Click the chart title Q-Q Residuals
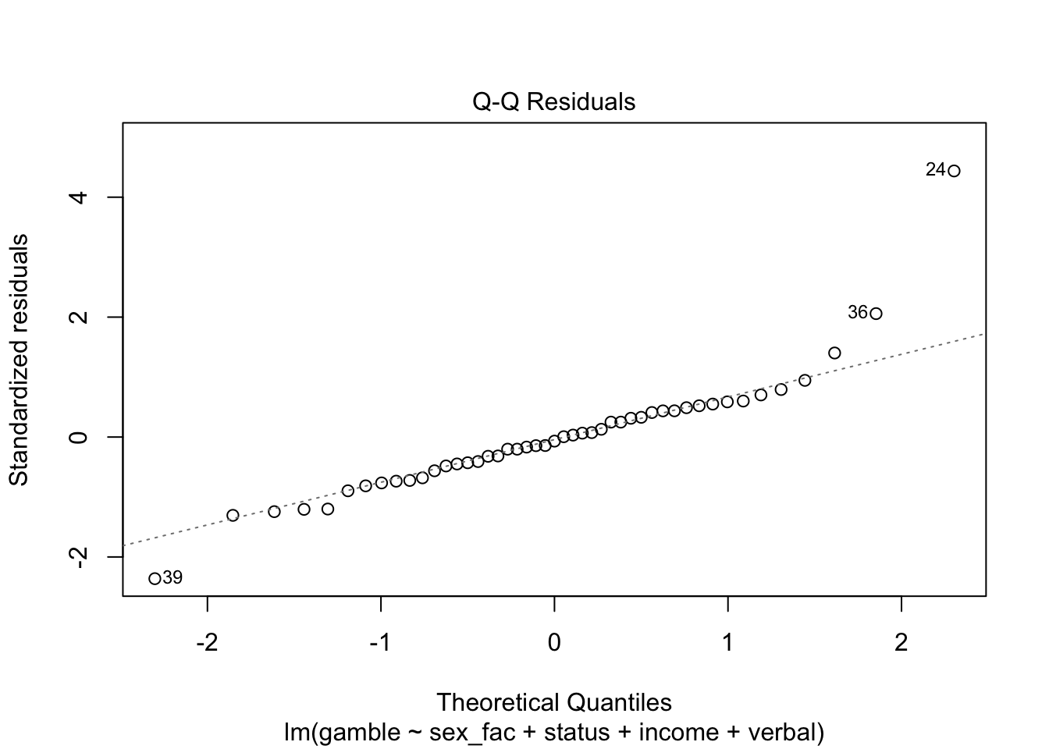point(553,101)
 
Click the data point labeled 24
point(954,171)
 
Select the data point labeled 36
point(876,314)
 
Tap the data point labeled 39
point(155,578)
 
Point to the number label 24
point(936,169)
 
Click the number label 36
point(858,312)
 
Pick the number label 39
point(172,578)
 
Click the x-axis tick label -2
point(207,643)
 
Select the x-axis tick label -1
point(380,643)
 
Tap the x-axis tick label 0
point(554,643)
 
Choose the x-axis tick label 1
point(727,643)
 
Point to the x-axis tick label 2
point(901,643)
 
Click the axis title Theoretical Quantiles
point(553,702)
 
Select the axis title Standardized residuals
point(19,359)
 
